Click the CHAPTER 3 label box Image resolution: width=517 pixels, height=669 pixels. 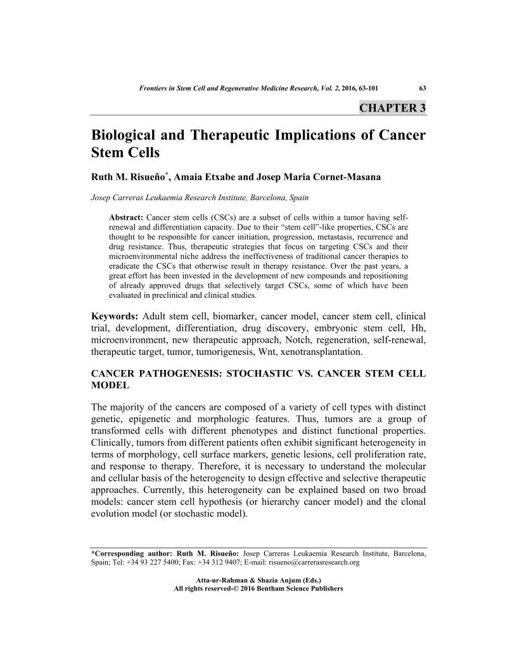[392, 107]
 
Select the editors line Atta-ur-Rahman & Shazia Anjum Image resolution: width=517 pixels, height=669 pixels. [258, 580]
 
